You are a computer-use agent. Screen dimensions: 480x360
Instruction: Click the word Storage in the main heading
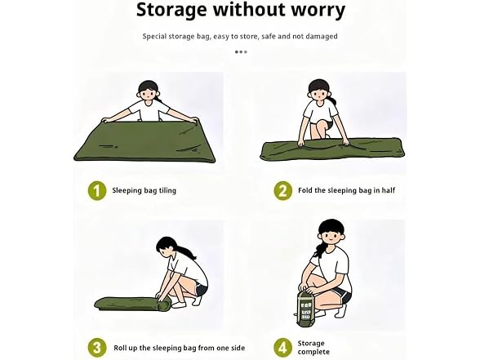[x=171, y=11]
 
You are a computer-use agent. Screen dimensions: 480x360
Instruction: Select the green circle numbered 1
[x=97, y=191]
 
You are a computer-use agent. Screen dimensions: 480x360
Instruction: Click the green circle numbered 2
[x=282, y=191]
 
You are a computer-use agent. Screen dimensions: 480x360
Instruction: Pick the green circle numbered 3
[x=97, y=348]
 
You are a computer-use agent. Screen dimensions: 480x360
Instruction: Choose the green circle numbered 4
[x=282, y=348]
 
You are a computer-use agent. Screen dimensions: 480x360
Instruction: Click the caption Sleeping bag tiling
[x=144, y=191]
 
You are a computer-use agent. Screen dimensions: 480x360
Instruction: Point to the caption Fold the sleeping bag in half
[x=346, y=191]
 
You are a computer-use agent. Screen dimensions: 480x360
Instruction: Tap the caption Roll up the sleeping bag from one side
[x=180, y=348]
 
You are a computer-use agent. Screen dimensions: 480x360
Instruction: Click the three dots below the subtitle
[x=241, y=52]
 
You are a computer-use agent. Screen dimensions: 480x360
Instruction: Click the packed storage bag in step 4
[x=304, y=308]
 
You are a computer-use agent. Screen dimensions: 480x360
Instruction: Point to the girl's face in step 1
[x=149, y=94]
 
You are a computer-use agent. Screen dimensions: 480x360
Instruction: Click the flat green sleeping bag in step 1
[x=144, y=141]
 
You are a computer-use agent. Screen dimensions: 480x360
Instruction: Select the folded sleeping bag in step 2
[x=332, y=150]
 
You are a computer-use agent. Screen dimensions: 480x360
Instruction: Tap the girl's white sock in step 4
[x=340, y=311]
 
